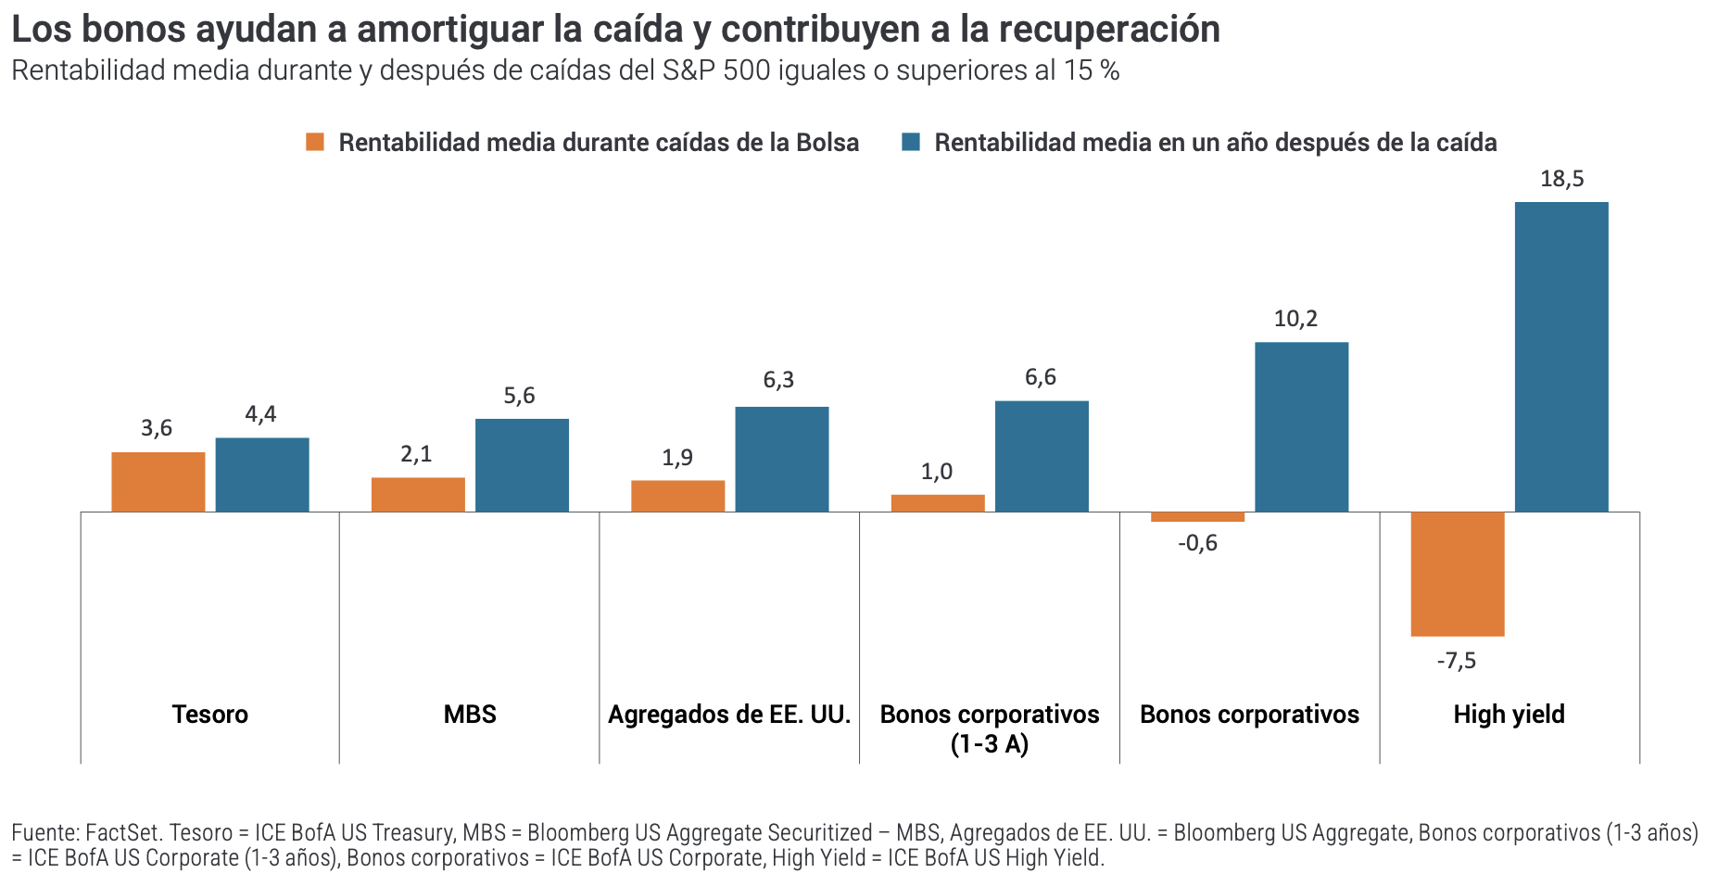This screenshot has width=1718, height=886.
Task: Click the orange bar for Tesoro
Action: (x=158, y=482)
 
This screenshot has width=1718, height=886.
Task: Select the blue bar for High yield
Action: (x=1561, y=357)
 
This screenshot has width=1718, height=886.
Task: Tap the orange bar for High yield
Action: (x=1457, y=574)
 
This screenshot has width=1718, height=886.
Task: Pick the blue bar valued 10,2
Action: (x=1301, y=427)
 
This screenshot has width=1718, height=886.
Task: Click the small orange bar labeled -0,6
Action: (x=1197, y=517)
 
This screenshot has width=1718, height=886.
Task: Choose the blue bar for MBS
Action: (x=522, y=465)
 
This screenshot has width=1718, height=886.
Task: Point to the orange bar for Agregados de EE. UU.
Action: (x=677, y=496)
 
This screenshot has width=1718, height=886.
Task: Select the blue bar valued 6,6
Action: (x=1042, y=456)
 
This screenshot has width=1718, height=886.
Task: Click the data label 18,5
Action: (x=1561, y=179)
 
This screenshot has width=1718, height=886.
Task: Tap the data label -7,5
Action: (x=1456, y=661)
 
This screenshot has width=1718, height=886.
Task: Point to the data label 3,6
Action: (x=157, y=428)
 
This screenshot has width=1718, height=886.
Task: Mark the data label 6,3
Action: (x=778, y=380)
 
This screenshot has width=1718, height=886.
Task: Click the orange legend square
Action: (x=315, y=143)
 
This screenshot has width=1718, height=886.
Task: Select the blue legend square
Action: (x=911, y=143)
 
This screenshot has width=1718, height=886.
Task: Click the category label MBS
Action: (x=470, y=715)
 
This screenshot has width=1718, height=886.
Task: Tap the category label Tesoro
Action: (x=210, y=715)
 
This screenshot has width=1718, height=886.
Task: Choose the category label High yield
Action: (x=1509, y=715)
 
